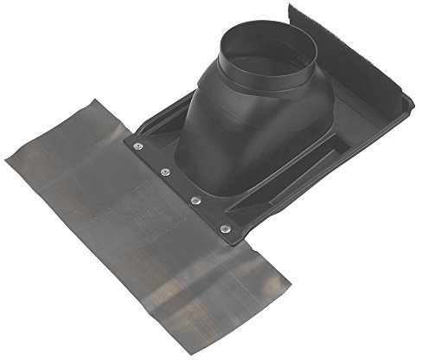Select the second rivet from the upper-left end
(x=165, y=171)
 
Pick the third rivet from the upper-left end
(x=195, y=201)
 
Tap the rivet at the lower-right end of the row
(x=226, y=228)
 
